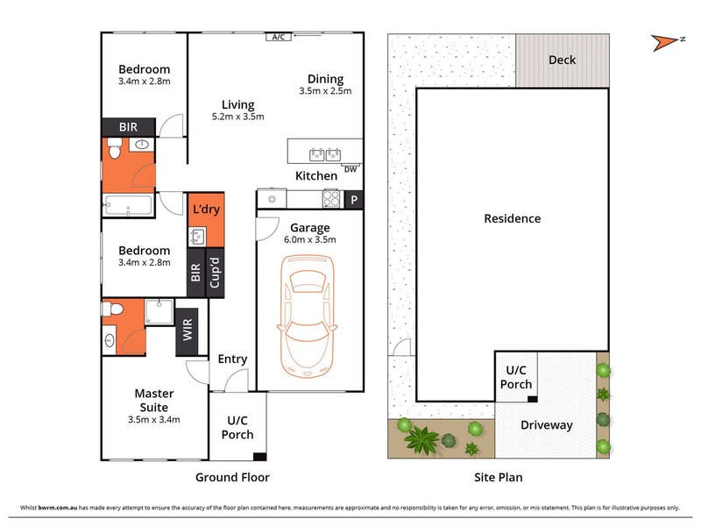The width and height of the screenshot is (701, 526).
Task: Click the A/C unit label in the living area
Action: (x=279, y=37)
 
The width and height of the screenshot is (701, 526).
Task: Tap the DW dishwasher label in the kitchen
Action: (x=350, y=169)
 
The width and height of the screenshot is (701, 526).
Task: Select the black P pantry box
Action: (x=354, y=200)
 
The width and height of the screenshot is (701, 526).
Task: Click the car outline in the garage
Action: (x=307, y=316)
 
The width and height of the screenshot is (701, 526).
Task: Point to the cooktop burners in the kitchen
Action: (x=331, y=199)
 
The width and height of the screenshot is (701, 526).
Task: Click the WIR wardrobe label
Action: (x=188, y=331)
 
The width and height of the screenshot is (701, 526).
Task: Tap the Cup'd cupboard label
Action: (x=215, y=273)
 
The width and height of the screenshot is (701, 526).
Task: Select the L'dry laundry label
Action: (x=206, y=210)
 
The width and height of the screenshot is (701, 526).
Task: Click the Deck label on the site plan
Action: (x=562, y=60)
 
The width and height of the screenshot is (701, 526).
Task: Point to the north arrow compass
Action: (x=666, y=42)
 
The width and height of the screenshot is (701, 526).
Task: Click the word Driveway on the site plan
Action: (x=546, y=425)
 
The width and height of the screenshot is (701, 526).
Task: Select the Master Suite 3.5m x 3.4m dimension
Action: (x=154, y=420)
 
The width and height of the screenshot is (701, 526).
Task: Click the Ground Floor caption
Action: (x=232, y=477)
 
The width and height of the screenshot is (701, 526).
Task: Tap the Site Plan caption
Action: (x=498, y=477)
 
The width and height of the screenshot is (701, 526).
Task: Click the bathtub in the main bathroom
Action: (x=128, y=206)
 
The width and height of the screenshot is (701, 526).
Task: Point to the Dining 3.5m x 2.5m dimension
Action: (x=325, y=91)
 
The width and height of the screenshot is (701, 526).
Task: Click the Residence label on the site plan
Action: (x=513, y=218)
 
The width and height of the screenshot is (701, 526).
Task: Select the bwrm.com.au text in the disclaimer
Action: (x=58, y=508)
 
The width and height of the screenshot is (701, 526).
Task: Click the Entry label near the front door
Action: (x=232, y=359)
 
